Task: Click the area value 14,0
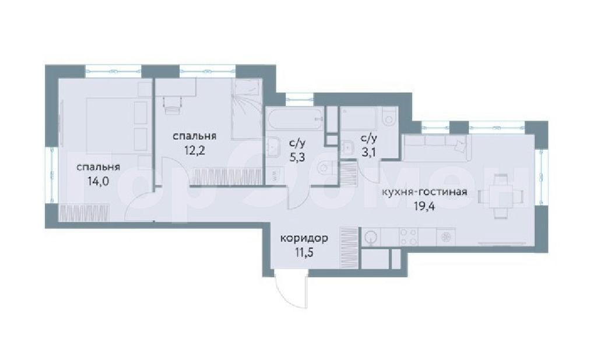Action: tap(98, 181)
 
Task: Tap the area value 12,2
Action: tap(195, 151)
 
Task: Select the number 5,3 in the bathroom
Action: tap(297, 157)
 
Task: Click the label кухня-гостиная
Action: tap(424, 192)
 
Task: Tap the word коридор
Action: tap(304, 239)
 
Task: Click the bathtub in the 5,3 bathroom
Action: tap(294, 118)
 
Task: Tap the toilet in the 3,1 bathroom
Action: tap(388, 116)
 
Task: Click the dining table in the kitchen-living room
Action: tap(500, 196)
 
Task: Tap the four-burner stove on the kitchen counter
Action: tap(408, 237)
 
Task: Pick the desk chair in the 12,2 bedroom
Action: tap(172, 105)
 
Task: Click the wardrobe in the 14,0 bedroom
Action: tap(85, 213)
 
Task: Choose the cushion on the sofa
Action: tap(460, 145)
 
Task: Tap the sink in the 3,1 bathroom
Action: tap(347, 147)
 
